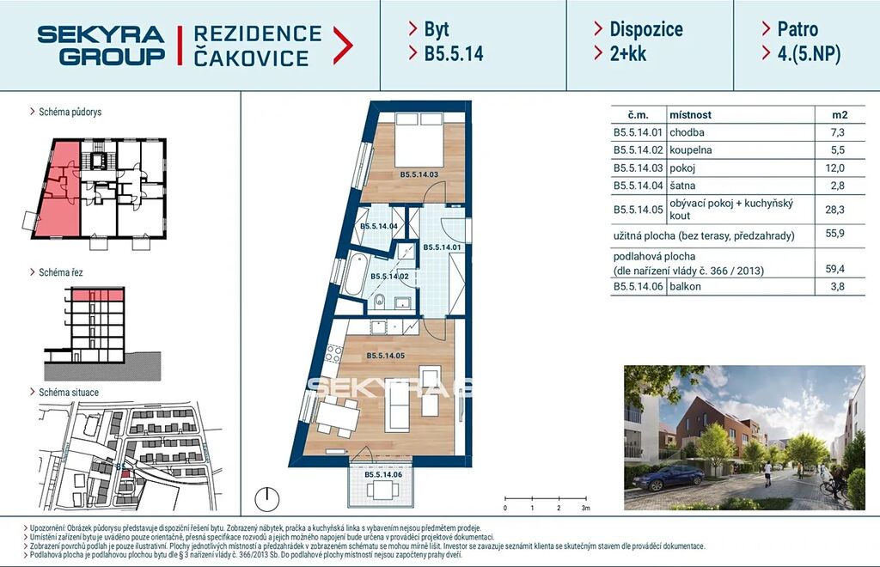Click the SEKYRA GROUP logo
click(x=101, y=46)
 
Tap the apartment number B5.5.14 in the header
click(x=454, y=54)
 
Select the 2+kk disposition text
click(x=628, y=54)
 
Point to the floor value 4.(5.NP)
click(x=809, y=54)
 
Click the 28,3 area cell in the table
click(x=834, y=210)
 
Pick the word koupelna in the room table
click(x=690, y=150)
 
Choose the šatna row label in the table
click(x=681, y=186)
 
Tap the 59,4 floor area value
click(x=834, y=269)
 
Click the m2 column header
click(x=840, y=115)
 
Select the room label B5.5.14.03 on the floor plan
click(x=419, y=174)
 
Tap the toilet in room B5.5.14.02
click(x=379, y=302)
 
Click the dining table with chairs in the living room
click(x=337, y=416)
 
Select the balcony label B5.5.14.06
click(x=383, y=475)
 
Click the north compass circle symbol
click(x=267, y=498)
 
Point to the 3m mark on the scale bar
click(x=586, y=508)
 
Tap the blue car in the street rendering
click(x=668, y=478)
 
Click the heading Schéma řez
click(x=61, y=272)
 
